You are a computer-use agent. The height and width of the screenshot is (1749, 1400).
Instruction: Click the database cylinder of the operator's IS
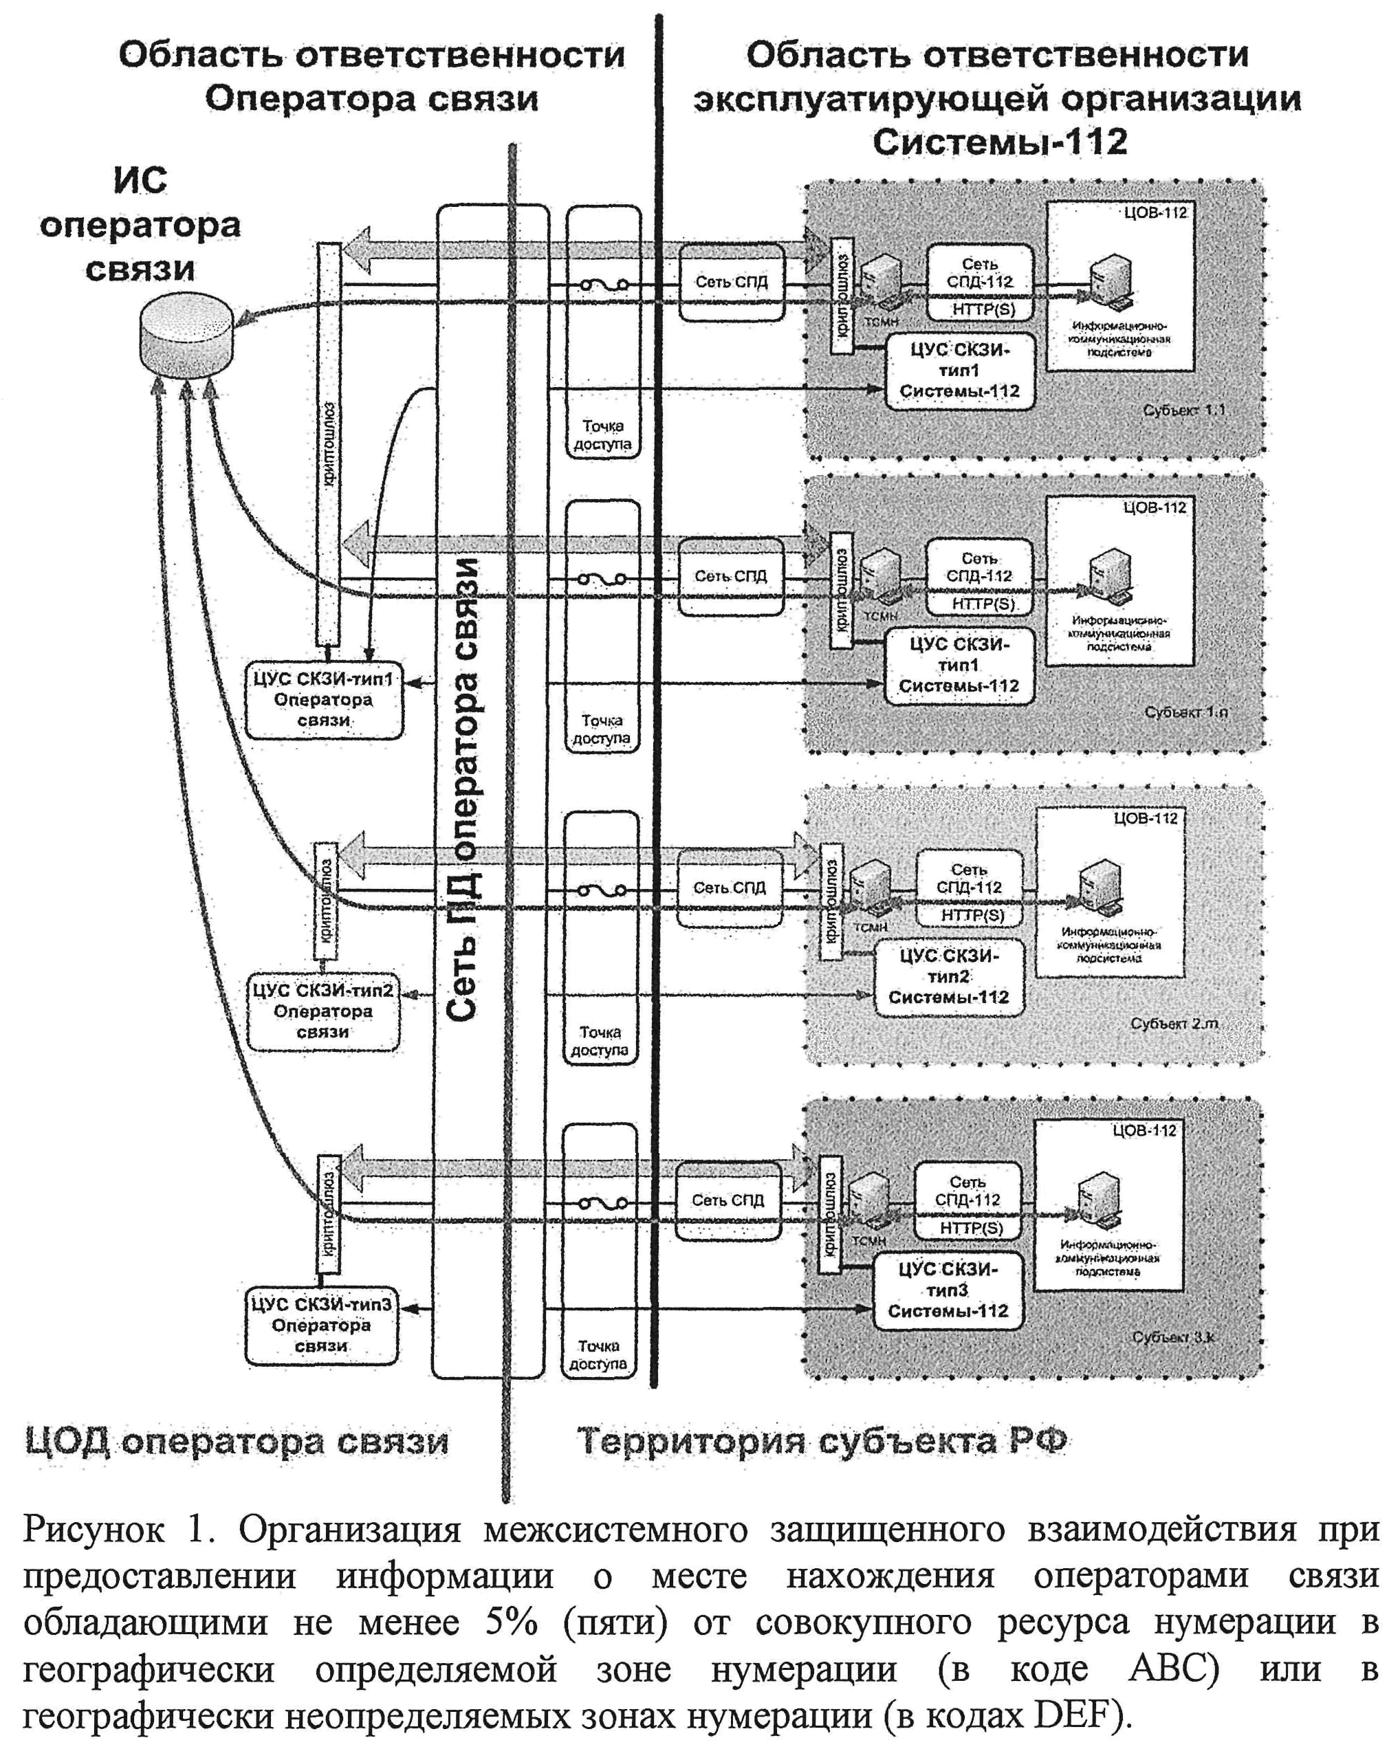tap(186, 335)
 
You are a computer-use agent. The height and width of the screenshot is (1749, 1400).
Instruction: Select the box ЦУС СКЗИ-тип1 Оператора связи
tap(323, 699)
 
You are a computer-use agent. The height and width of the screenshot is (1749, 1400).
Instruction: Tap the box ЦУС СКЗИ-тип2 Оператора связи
tap(323, 1011)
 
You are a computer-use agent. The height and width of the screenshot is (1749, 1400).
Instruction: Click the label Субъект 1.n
tap(1185, 712)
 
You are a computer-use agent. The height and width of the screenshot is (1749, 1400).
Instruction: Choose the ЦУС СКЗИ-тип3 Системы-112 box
tap(947, 1290)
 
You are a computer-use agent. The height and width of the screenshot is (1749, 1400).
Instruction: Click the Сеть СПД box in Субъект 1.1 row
tap(731, 281)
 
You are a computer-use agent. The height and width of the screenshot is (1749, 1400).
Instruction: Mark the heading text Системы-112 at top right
tap(1000, 142)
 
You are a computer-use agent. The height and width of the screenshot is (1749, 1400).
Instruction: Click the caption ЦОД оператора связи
tap(236, 1442)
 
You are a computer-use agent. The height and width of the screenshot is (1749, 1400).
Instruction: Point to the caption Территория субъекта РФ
tap(821, 1442)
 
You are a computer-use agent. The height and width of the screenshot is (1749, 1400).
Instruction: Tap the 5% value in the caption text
tap(512, 1622)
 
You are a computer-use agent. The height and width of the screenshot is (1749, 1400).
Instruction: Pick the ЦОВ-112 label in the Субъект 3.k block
tap(1144, 1131)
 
